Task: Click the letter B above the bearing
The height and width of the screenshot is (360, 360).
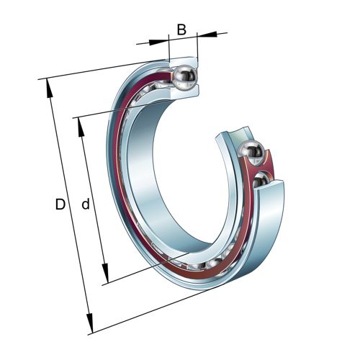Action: coord(181,30)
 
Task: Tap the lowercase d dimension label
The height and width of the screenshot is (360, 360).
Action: coord(85,205)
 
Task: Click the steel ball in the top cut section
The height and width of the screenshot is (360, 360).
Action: coord(185,76)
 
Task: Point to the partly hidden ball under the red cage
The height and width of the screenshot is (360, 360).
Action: coord(262,178)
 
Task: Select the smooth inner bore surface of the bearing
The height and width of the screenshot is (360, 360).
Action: coord(144,187)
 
